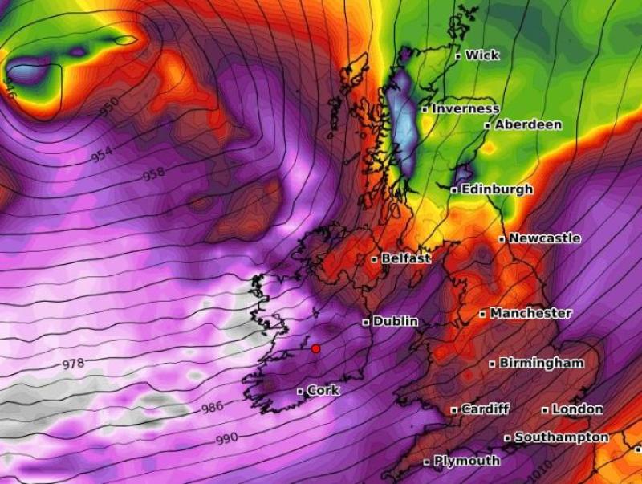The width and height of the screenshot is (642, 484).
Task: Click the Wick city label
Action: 481,55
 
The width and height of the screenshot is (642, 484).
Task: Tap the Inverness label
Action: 465,108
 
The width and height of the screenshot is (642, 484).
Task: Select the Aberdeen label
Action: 528,125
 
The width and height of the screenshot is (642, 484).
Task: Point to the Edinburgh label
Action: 497,189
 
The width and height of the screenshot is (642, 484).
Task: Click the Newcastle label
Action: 544,238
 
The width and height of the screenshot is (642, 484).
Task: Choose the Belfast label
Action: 405,258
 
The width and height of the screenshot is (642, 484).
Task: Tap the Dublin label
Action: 395,321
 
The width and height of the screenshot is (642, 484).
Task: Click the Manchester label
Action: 530,313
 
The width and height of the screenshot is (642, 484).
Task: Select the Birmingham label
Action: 541,363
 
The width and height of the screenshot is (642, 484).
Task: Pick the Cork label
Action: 323,391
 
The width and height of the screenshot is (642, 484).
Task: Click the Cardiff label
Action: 485,409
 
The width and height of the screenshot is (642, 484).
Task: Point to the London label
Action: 577,409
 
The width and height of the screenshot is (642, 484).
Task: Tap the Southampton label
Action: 561,437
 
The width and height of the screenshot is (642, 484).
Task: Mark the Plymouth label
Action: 466,462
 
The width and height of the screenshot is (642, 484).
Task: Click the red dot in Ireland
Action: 315,348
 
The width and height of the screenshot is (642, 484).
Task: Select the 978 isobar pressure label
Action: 73,364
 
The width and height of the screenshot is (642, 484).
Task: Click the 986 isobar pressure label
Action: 212,407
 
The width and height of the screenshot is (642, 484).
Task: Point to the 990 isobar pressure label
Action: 227,440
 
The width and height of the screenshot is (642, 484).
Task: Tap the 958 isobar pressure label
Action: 153,174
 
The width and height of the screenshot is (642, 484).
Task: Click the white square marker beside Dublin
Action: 366,322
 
